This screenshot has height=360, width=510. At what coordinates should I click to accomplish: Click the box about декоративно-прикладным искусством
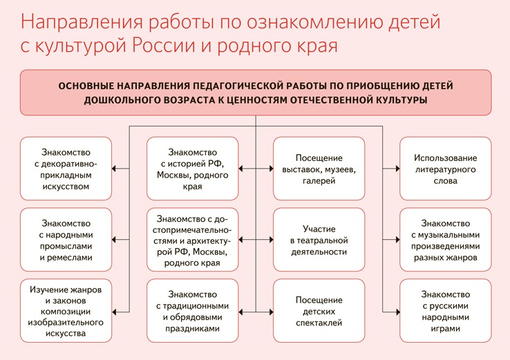coord(66,169)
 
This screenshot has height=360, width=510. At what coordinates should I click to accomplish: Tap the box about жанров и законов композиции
coord(66,311)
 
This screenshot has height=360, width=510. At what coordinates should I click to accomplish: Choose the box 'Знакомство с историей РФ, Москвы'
coord(193,169)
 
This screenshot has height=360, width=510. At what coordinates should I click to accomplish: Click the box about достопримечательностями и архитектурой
coord(193,240)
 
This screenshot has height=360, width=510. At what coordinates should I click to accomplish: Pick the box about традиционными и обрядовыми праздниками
coord(193,311)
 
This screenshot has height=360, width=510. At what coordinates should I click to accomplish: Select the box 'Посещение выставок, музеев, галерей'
coord(319,169)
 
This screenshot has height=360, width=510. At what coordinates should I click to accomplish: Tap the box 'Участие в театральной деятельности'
coord(319,240)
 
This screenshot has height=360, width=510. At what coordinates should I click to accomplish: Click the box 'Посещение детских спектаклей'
coord(319,311)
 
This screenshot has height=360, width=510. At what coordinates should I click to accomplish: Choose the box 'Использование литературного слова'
coord(446,169)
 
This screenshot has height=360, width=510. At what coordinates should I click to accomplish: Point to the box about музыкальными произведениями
coord(446,240)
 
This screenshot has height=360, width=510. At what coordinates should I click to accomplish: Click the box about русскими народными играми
coord(446,311)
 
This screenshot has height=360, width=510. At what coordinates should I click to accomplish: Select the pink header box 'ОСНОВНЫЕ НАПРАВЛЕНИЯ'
coord(255,93)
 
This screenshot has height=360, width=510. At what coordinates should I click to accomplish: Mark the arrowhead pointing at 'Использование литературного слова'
coord(396,169)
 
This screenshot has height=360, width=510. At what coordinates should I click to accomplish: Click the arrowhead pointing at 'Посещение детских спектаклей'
coord(270,311)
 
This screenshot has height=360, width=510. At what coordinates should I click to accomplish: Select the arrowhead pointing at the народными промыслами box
coord(115,240)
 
